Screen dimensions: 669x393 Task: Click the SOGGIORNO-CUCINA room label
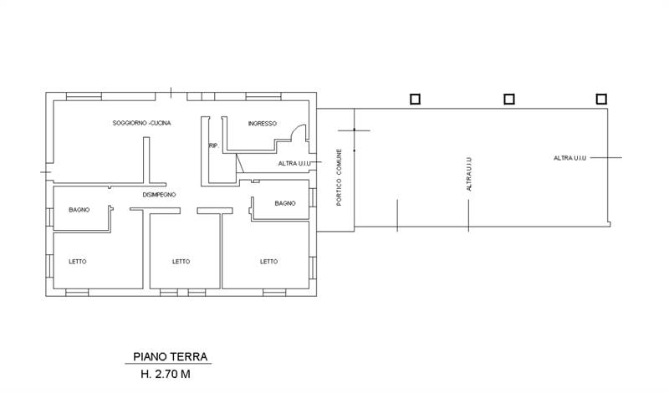tap(141, 123)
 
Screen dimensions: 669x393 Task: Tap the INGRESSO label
tap(263, 123)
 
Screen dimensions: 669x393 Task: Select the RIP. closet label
tap(214, 145)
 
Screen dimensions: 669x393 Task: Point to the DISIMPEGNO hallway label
tap(159, 195)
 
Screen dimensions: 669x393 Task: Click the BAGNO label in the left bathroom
tap(79, 210)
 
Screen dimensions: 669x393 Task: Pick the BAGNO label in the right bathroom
tap(285, 203)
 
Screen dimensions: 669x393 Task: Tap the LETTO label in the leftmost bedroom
tap(78, 262)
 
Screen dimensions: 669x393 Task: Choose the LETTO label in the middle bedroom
tap(181, 262)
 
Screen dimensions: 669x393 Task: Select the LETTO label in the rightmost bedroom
tap(268, 262)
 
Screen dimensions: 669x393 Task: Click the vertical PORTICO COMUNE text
tap(340, 177)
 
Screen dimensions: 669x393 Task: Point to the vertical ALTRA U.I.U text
tap(469, 174)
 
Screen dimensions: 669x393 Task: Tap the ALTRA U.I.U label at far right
tap(570, 158)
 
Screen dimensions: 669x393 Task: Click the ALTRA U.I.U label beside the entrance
tap(294, 163)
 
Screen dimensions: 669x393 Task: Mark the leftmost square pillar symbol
tap(415, 100)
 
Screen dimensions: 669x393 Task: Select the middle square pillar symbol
tap(509, 100)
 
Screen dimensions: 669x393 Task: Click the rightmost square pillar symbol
tap(601, 100)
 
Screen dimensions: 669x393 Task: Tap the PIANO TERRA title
tap(171, 357)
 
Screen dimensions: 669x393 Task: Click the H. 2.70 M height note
tap(166, 375)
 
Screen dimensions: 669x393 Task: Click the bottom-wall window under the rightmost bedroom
tap(274, 293)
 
